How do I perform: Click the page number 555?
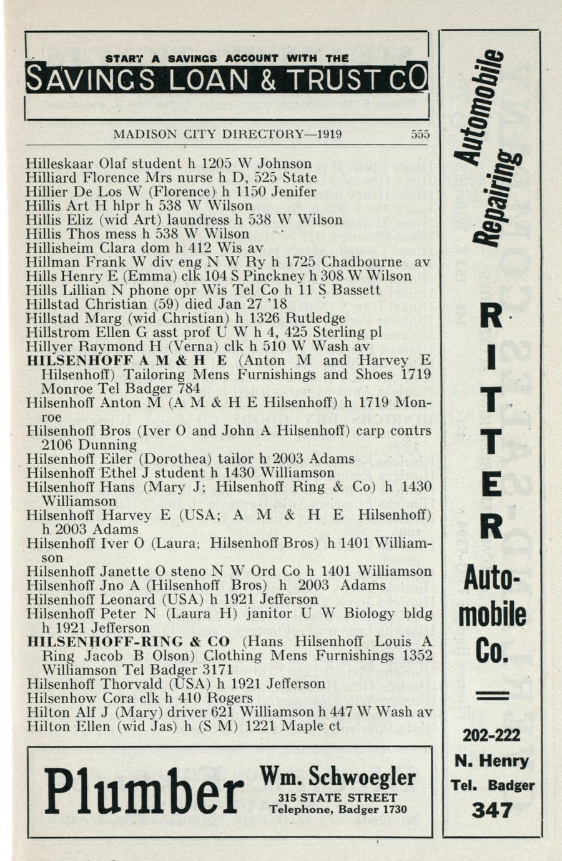421,135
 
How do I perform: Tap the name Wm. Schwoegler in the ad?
337,777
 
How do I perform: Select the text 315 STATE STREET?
338,798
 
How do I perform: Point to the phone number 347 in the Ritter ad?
492,810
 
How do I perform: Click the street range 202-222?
491,736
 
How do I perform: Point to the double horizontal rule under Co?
492,696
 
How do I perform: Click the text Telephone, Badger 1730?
338,810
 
